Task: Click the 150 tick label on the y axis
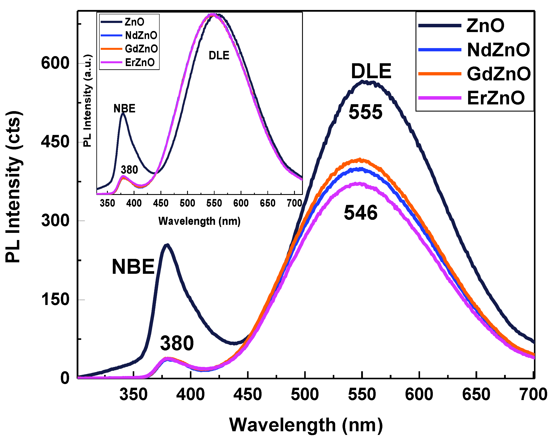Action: point(55,299)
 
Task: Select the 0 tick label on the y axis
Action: point(65,378)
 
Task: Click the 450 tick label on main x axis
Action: point(247,394)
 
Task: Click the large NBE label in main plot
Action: point(133,267)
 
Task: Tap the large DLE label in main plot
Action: point(371,71)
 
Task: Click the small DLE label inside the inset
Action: point(219,55)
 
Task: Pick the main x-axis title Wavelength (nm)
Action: point(306,425)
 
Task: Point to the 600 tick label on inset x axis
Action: point(241,203)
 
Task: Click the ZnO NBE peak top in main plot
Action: point(167,245)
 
